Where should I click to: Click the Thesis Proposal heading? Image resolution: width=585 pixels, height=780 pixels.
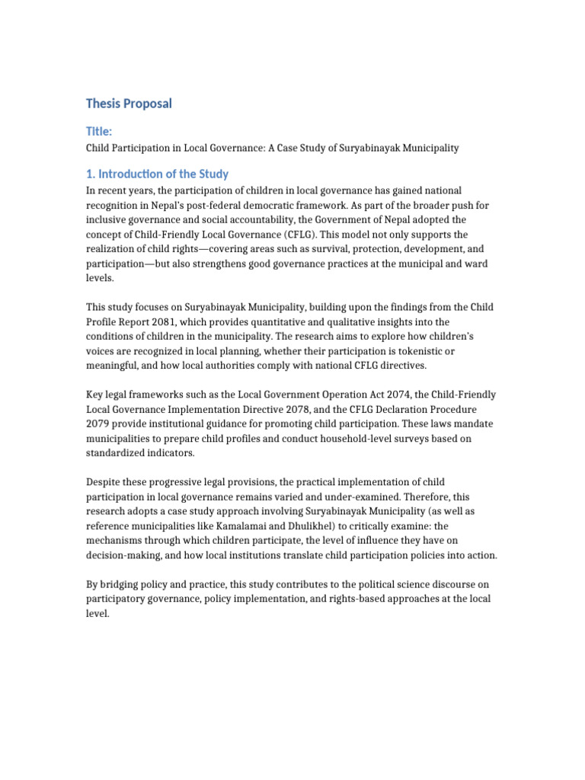(129, 103)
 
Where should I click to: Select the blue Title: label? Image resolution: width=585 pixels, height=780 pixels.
(99, 132)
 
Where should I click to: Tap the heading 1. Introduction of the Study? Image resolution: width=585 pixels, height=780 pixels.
(157, 174)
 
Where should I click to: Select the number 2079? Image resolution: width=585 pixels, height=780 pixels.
(99, 424)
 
